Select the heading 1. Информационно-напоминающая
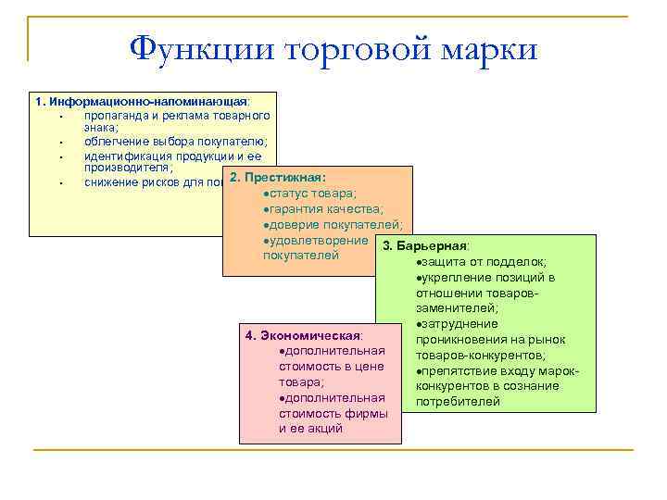pyautogui.click(x=141, y=101)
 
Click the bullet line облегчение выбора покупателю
pyautogui.click(x=175, y=142)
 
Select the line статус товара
pyautogui.click(x=309, y=193)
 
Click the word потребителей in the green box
pyautogui.click(x=458, y=402)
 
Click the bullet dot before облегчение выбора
pyautogui.click(x=58, y=143)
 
